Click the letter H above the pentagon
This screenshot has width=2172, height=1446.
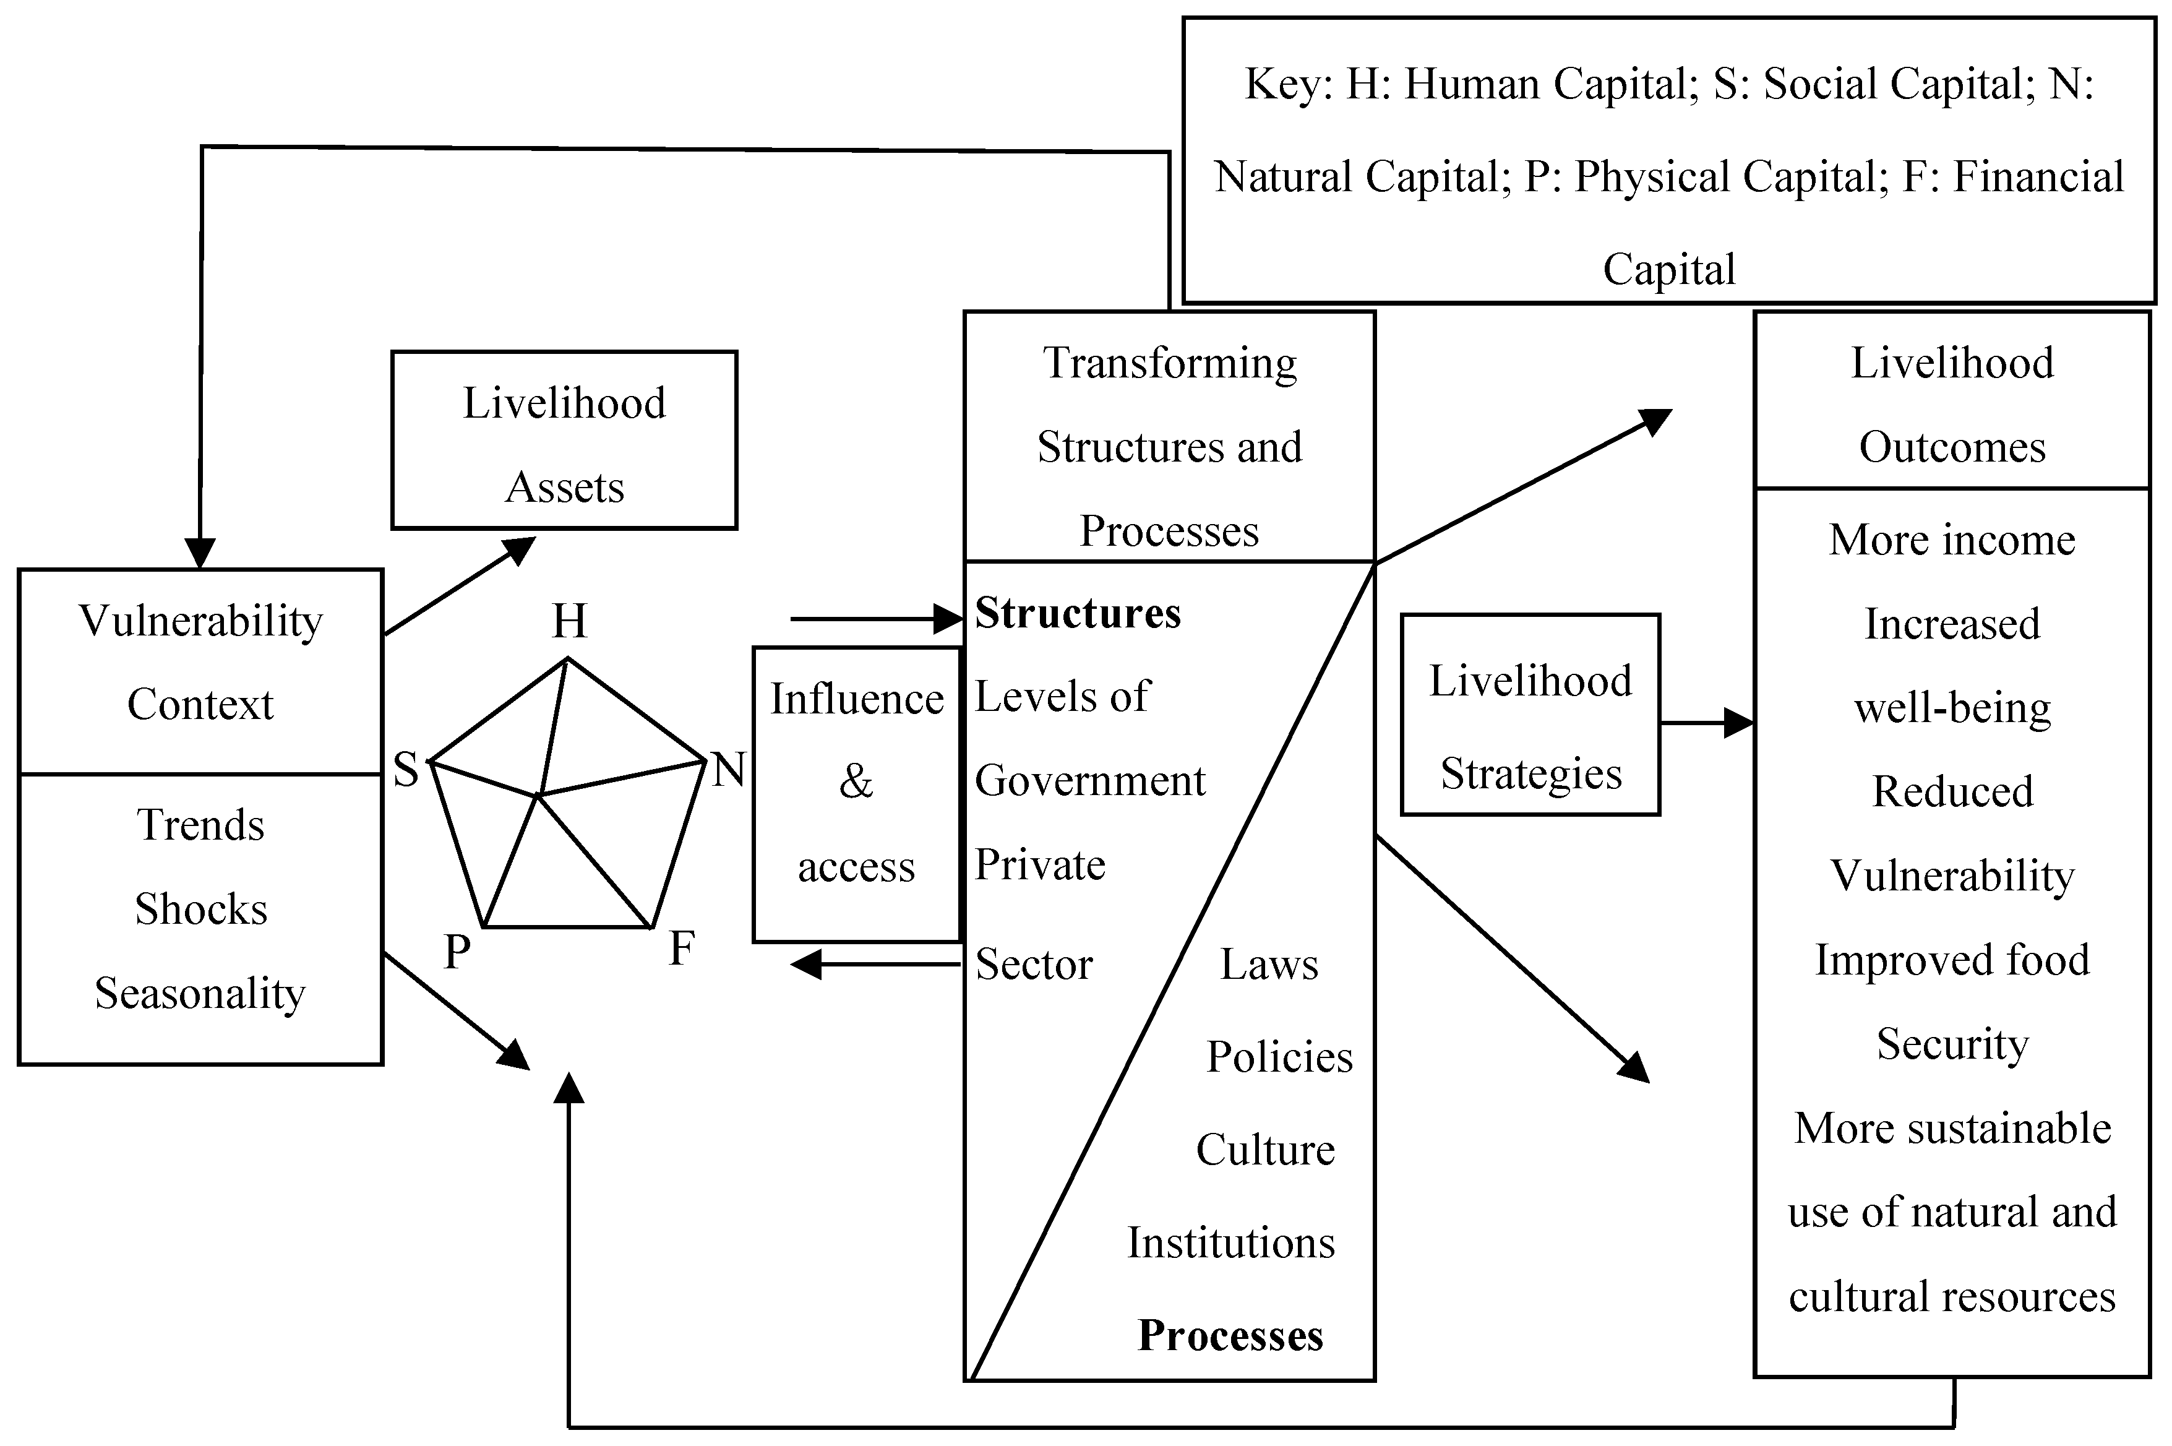point(569,622)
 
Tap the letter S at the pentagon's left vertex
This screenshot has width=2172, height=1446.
point(406,769)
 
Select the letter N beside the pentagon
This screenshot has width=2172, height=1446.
point(728,769)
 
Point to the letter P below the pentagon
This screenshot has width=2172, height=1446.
point(457,952)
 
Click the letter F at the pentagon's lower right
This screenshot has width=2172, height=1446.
point(681,948)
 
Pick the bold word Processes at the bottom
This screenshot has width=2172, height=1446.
point(1230,1335)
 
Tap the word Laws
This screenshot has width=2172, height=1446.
point(1269,965)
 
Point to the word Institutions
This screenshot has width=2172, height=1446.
point(1230,1243)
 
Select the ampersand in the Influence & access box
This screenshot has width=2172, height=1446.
point(856,782)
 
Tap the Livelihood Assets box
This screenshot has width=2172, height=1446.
point(564,440)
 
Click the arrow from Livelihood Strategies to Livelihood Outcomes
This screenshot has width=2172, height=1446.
point(1706,723)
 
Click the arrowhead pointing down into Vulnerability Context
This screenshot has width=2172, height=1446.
point(200,553)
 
